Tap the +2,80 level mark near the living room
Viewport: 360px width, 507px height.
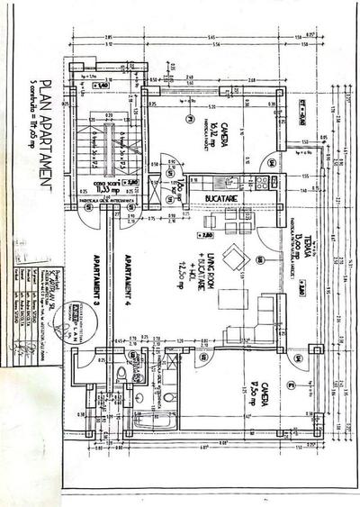coord(209,236)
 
